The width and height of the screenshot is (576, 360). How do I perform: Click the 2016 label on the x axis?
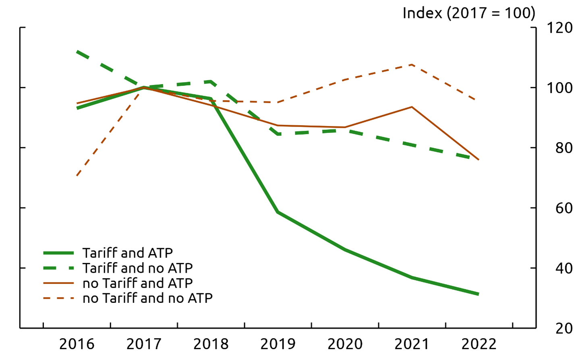tap(77, 344)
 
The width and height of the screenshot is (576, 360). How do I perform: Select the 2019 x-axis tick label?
tap(278, 344)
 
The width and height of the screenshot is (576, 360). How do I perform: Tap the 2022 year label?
tap(479, 344)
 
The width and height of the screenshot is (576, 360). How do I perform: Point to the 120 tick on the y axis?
tap(559, 28)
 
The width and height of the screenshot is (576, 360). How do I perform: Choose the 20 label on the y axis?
tap(564, 329)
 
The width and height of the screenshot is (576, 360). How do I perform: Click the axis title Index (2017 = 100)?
tap(469, 13)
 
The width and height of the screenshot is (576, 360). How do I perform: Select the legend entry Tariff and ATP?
tap(128, 253)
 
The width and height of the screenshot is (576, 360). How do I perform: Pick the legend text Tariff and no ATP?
tap(137, 268)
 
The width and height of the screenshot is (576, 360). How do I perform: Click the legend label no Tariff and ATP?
tap(137, 283)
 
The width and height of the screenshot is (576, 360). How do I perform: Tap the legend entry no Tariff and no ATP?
tap(147, 298)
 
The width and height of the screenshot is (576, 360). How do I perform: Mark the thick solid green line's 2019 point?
tap(278, 212)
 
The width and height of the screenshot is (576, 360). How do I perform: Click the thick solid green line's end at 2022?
tap(479, 294)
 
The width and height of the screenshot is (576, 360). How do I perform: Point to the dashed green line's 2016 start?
tap(77, 52)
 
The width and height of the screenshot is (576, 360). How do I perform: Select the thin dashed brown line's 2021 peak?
tap(412, 64)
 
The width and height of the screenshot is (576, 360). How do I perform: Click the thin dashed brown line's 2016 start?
tap(77, 176)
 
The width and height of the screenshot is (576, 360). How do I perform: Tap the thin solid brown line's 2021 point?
tap(412, 107)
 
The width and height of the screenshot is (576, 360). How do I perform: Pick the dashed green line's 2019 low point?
tap(278, 134)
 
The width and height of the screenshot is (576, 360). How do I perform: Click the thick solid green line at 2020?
tap(345, 250)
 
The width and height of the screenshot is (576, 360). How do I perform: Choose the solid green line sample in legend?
tap(59, 253)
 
